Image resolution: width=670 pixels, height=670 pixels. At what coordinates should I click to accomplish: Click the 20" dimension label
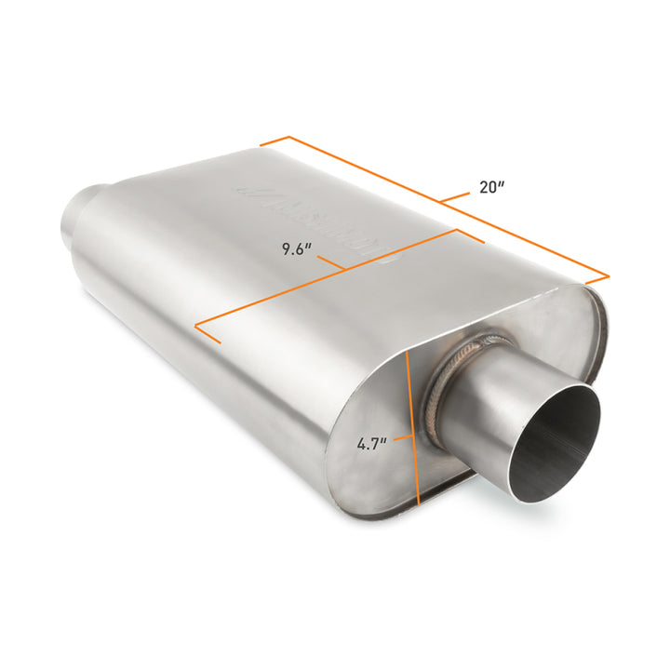coord(491,186)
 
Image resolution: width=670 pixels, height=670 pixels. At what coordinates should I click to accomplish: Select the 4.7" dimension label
coord(371,443)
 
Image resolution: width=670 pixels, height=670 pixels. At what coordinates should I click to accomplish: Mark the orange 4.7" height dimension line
coord(414,428)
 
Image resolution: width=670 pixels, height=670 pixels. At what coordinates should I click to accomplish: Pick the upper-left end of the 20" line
coord(261,143)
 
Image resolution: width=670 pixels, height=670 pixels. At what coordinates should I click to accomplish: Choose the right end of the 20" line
coord(609,276)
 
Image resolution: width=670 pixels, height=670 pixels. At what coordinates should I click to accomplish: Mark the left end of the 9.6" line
coord(196,327)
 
